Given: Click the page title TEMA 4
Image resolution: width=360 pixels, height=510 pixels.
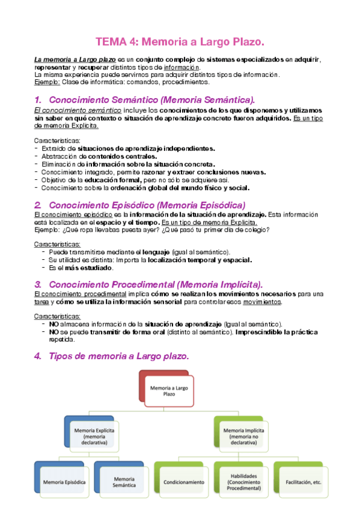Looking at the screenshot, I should pos(180,41).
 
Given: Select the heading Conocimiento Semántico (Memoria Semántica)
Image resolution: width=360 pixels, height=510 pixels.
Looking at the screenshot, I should pos(151,100).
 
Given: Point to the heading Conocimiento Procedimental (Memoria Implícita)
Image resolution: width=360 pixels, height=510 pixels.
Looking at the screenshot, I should pos(155,284).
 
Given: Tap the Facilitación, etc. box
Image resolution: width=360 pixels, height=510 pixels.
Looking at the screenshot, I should pos(302,482).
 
